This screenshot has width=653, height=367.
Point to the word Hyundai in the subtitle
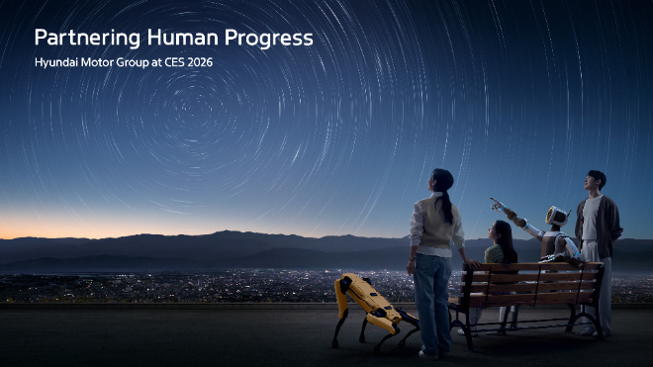57,63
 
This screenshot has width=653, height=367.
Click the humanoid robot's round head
557,216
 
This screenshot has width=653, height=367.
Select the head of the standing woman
441,181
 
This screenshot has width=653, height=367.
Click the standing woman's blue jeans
432,297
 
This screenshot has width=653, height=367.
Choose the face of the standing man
593,182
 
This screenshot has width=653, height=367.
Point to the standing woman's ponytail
449,207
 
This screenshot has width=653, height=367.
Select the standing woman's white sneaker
427,351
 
